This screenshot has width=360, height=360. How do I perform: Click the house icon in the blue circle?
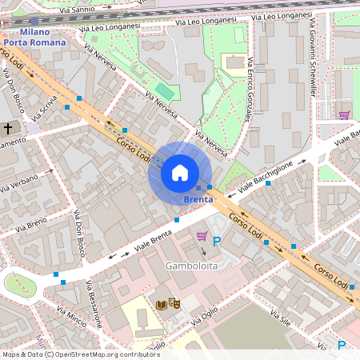coord(180,173)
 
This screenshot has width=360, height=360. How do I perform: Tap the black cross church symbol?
coord(9,129)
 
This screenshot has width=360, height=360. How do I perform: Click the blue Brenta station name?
coord(198,198)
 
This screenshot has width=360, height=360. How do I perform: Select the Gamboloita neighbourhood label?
coord(191,265)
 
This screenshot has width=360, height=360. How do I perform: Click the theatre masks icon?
coord(175,303)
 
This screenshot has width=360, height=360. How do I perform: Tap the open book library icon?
coord(162,304)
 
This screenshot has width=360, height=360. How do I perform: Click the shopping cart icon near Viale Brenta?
coord(202,236)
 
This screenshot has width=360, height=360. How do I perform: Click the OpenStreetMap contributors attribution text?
coord(80,354)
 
